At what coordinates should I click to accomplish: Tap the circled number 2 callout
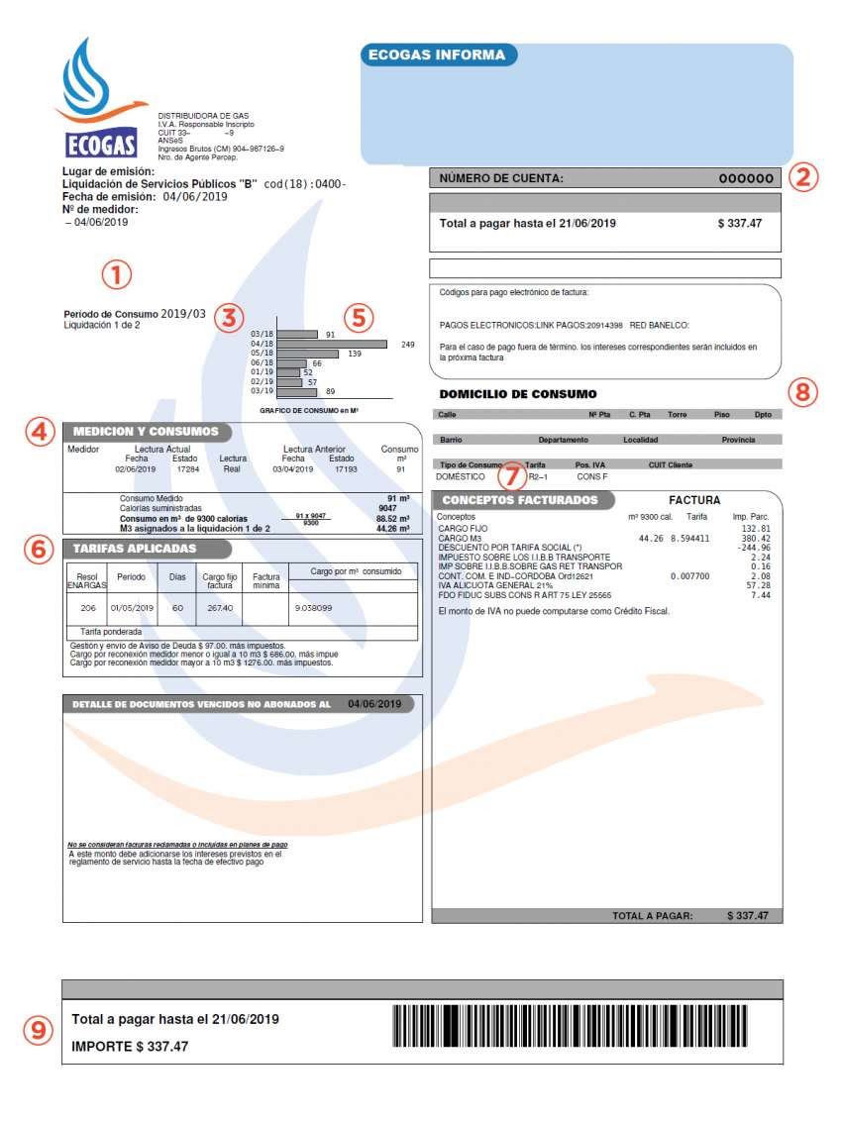click(804, 177)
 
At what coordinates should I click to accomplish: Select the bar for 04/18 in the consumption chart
click(332, 345)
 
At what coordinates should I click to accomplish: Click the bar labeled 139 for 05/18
click(306, 354)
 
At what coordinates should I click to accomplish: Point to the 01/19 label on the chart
click(262, 372)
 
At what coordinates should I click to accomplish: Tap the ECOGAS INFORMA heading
click(436, 55)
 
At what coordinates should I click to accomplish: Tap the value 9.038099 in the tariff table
click(311, 607)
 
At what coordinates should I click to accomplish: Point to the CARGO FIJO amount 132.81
click(755, 530)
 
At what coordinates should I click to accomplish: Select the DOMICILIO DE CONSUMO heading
click(518, 394)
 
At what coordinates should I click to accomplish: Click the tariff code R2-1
click(537, 476)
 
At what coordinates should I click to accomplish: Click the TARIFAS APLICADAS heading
click(135, 548)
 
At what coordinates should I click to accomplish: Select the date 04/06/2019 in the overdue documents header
click(374, 704)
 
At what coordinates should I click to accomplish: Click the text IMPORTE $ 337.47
click(130, 1046)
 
